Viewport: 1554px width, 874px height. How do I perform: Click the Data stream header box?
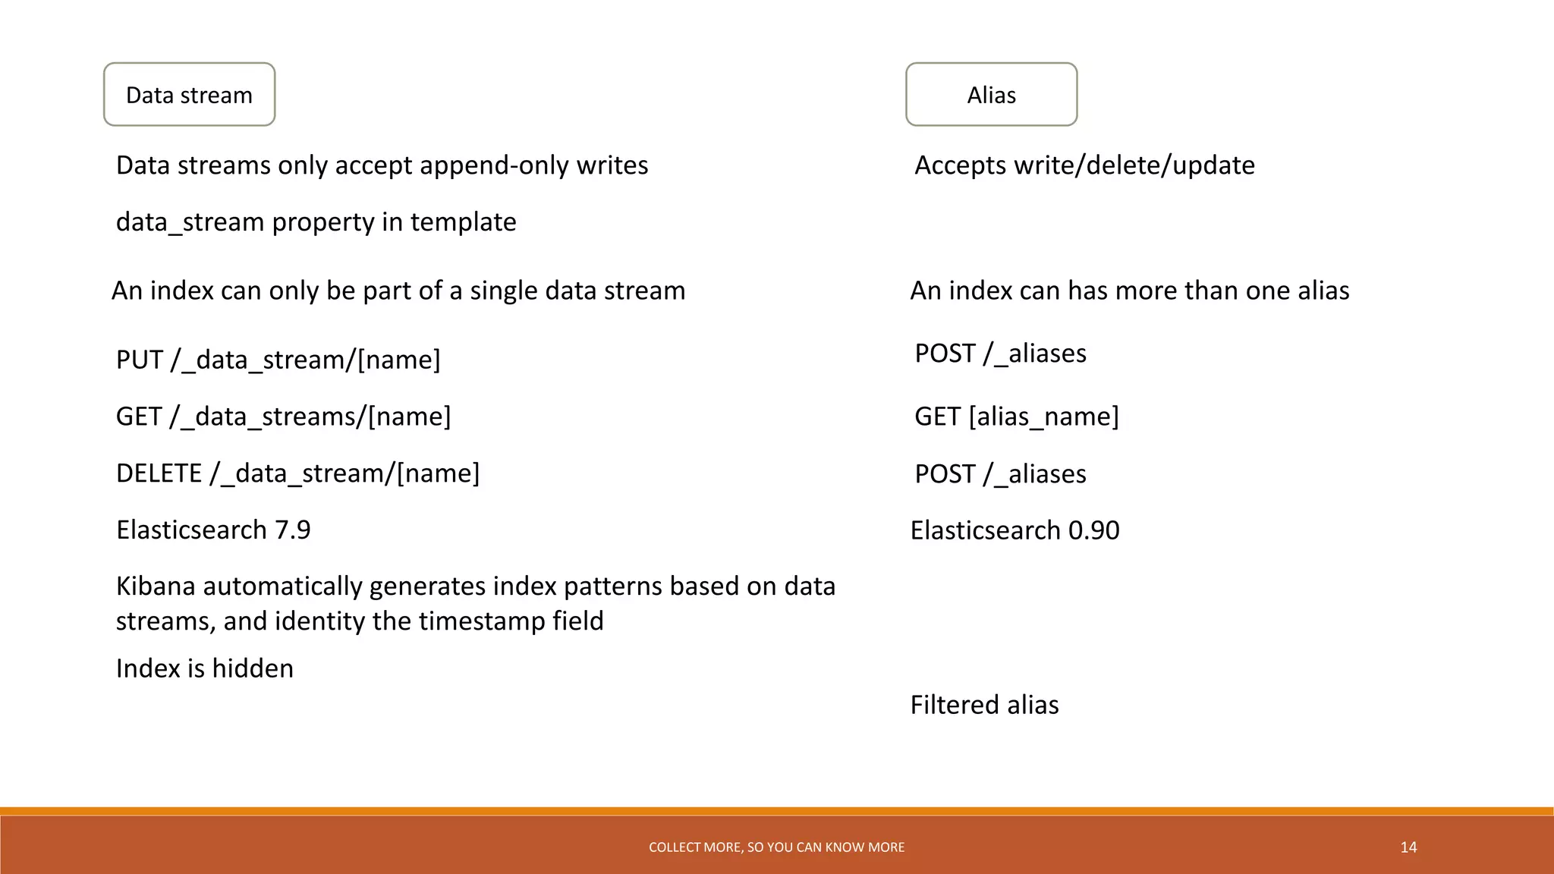click(x=189, y=95)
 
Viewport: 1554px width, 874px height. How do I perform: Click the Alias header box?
click(x=991, y=95)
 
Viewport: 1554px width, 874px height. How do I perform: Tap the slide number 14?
click(x=1408, y=847)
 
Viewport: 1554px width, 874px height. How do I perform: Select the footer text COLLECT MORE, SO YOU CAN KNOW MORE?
click(x=776, y=847)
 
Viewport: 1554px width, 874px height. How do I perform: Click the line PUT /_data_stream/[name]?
click(x=278, y=360)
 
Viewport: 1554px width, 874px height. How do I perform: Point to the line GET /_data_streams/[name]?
click(x=283, y=417)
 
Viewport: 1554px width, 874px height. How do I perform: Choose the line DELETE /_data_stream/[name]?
click(x=297, y=473)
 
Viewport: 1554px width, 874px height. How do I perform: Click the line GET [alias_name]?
click(x=1016, y=417)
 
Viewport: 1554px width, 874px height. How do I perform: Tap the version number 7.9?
click(x=293, y=530)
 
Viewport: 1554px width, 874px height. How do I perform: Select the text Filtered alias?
click(x=984, y=705)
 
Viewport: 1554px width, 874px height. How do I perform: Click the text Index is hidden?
click(x=204, y=668)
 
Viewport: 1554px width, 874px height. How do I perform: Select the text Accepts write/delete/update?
click(x=1084, y=165)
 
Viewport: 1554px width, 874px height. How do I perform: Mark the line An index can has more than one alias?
click(x=1129, y=291)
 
